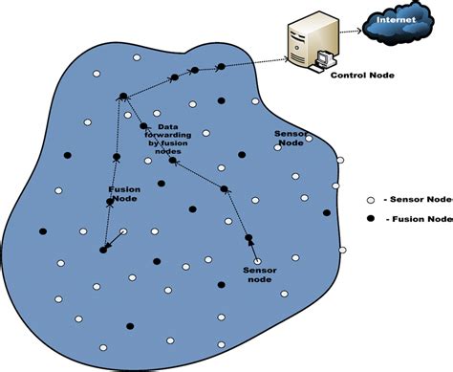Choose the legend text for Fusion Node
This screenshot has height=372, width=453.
coord(419,219)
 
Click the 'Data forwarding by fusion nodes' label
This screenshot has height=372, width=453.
coord(173,138)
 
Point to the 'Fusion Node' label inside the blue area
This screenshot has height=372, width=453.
coord(124,194)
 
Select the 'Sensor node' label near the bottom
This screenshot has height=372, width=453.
coord(259,276)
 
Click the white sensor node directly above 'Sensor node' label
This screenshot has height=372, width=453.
coord(256,259)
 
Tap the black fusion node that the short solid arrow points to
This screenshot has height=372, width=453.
coord(103,250)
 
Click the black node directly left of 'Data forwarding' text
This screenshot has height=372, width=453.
coord(144,126)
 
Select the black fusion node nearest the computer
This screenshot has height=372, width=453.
coord(221,67)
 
